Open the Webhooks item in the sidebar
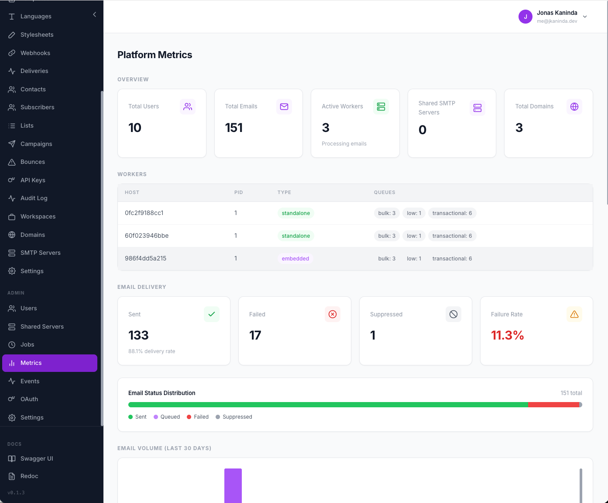click(x=35, y=53)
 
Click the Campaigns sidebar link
click(x=36, y=144)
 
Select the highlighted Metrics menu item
click(x=49, y=363)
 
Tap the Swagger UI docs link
click(x=36, y=458)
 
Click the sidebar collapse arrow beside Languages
click(x=95, y=15)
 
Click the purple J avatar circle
click(x=525, y=17)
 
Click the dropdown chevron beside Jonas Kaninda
click(x=585, y=17)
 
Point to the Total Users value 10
click(x=135, y=128)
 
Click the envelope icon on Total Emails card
click(x=284, y=107)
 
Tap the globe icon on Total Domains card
click(x=574, y=107)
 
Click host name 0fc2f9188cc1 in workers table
click(x=144, y=213)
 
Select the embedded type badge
click(x=295, y=258)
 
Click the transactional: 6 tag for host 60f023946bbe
click(x=452, y=236)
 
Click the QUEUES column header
click(x=384, y=192)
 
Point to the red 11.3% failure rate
click(x=507, y=335)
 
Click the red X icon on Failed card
click(x=333, y=314)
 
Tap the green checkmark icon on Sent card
click(x=212, y=314)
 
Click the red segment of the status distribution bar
click(x=553, y=405)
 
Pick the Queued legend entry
click(x=167, y=417)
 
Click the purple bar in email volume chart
click(x=233, y=485)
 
